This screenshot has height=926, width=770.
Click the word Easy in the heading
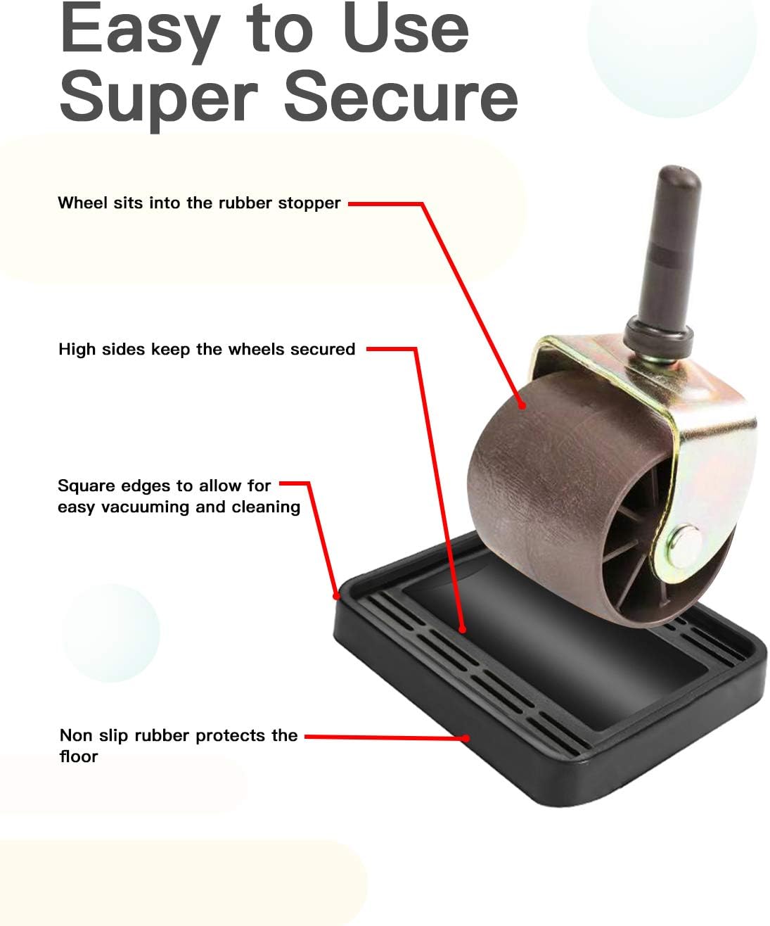pyautogui.click(x=140, y=32)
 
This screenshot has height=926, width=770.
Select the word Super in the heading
pyautogui.click(x=158, y=102)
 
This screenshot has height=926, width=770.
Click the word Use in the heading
pyautogui.click(x=405, y=27)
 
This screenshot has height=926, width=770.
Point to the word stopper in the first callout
pyautogui.click(x=309, y=203)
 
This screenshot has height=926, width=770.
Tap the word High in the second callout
pyautogui.click(x=77, y=350)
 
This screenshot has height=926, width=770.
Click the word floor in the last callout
pyautogui.click(x=79, y=756)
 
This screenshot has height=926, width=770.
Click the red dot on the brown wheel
pyautogui.click(x=522, y=405)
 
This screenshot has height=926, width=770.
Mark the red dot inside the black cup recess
pyautogui.click(x=463, y=629)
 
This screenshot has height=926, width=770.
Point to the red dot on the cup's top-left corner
pyautogui.click(x=337, y=597)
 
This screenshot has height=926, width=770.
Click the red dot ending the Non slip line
pyautogui.click(x=466, y=738)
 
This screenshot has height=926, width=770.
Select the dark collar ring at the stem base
pyautogui.click(x=659, y=337)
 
